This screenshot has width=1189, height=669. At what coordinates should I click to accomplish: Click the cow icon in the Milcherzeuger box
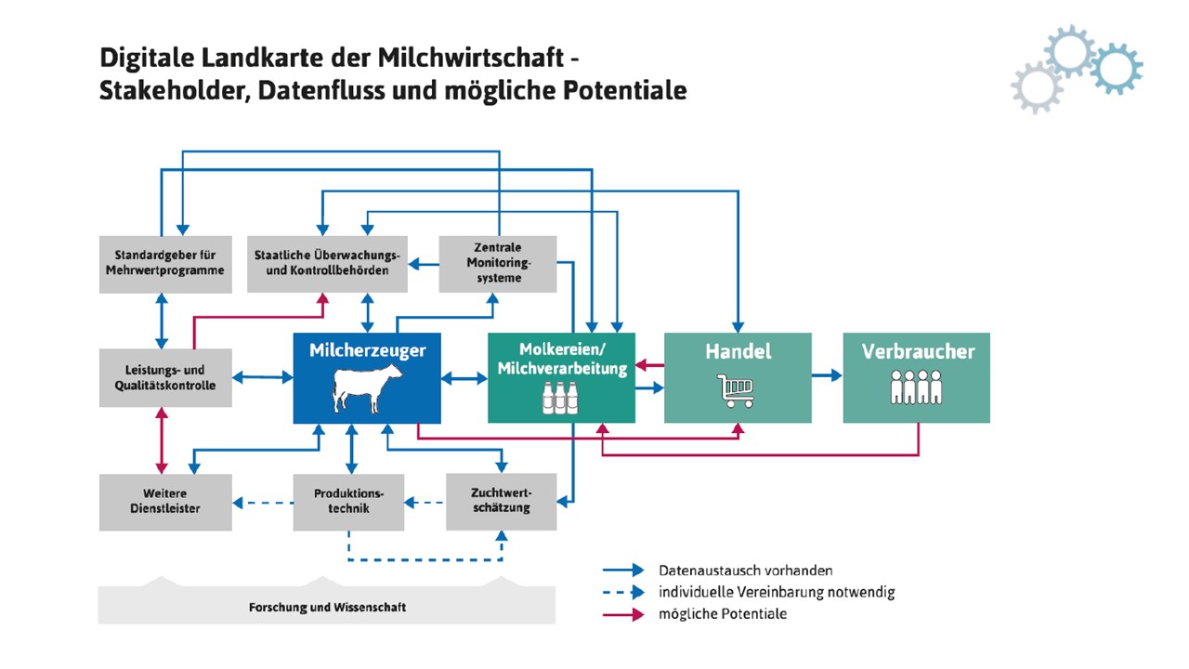369,389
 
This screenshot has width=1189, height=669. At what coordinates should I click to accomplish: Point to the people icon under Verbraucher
916,387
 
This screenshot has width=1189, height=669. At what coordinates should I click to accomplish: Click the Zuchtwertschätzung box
501,502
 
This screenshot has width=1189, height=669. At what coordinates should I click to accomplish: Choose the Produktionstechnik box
348,502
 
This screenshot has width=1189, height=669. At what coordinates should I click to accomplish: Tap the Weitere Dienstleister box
165,502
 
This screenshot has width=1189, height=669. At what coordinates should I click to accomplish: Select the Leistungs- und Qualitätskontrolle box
165,377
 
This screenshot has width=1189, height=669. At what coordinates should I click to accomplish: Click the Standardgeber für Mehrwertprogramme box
165,264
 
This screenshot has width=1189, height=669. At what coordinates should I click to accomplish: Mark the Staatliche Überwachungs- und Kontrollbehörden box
326,264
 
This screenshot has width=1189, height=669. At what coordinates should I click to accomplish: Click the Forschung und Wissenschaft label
327,608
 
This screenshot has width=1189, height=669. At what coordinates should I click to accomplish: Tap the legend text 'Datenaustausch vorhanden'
746,571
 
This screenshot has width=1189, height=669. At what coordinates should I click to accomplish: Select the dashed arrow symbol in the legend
623,592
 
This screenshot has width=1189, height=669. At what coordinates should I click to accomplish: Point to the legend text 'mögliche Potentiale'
723,614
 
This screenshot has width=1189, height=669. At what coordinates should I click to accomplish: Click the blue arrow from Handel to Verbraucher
827,376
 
